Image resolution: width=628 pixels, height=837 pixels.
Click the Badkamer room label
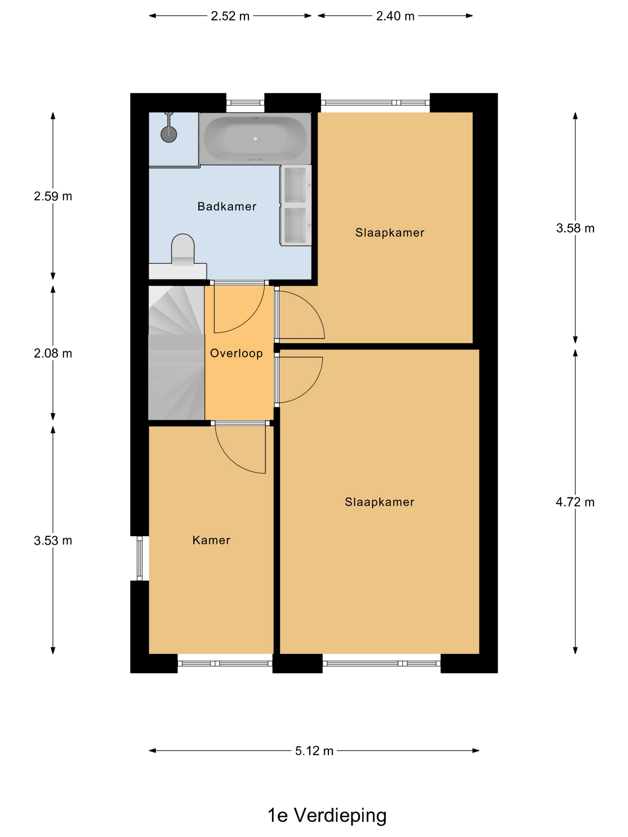tap(227, 206)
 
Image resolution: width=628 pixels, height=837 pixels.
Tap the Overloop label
tap(236, 353)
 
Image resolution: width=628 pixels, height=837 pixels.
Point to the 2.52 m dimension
tap(230, 16)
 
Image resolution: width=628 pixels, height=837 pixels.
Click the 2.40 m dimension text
tap(395, 16)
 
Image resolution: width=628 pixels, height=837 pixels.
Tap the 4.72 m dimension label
tap(575, 502)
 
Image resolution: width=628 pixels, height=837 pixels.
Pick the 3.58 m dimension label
tap(575, 228)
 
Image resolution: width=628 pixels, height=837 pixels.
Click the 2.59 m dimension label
tap(53, 196)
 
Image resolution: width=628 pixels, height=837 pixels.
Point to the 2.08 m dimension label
tap(53, 353)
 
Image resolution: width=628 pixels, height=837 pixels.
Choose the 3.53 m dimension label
tap(53, 540)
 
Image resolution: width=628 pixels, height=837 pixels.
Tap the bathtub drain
tap(255, 139)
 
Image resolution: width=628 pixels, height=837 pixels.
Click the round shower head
tap(169, 134)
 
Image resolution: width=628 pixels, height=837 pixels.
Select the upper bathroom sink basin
tap(295, 185)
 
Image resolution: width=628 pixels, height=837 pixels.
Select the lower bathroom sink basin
tap(295, 225)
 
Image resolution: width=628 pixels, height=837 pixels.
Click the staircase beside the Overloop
tap(176, 353)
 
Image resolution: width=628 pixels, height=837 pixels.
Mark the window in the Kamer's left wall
tap(140, 558)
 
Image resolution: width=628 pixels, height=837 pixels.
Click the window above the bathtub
tap(245, 103)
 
